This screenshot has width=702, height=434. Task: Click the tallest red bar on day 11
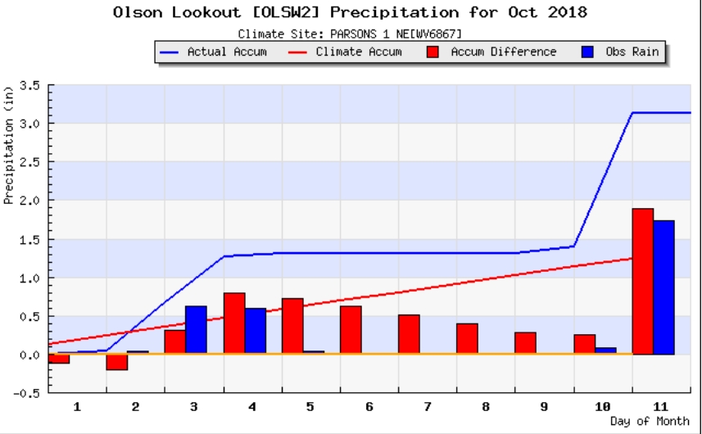642,282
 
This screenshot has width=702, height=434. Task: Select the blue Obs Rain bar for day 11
664,287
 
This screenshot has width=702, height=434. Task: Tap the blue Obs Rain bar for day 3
196,330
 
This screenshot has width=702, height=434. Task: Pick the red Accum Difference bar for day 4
234,323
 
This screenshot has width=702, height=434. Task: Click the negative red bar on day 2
117,362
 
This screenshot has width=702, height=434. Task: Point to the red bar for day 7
409,335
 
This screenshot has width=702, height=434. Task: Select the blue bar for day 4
255,332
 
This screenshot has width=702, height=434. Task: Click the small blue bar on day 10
605,351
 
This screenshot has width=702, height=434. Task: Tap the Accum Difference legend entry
491,52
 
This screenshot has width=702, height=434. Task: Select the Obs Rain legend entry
618,52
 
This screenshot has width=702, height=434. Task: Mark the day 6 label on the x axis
369,406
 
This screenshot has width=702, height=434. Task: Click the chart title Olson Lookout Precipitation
350,13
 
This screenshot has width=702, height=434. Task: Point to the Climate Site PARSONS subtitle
351,34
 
